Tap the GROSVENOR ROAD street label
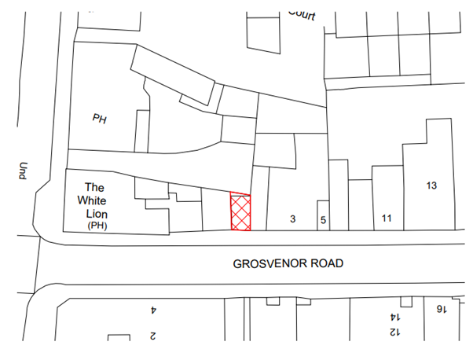(x=288, y=263)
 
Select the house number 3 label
(x=293, y=219)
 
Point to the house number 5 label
(x=323, y=219)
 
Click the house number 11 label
(x=386, y=218)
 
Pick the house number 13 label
(x=431, y=186)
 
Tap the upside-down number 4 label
(x=154, y=310)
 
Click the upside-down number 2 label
(x=154, y=336)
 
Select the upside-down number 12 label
(x=393, y=332)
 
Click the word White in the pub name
(x=97, y=200)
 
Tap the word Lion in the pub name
(x=97, y=213)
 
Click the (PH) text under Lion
(x=97, y=226)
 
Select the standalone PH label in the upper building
(x=100, y=119)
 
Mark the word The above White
(x=95, y=187)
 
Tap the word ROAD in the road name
(x=328, y=263)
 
